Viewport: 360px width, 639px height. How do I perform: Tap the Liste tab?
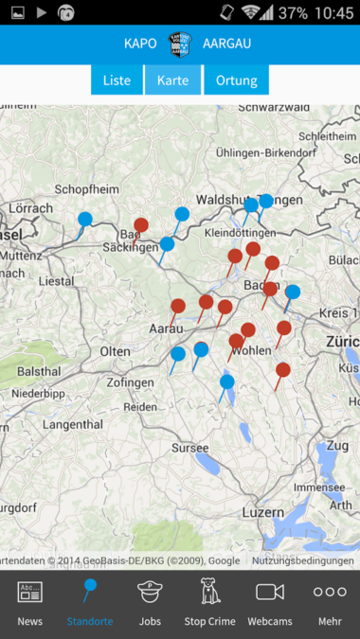click(x=117, y=80)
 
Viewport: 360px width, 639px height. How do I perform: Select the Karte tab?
click(x=172, y=80)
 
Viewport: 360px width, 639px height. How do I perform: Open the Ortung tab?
click(x=236, y=80)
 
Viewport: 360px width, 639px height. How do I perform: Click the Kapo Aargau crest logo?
click(x=179, y=44)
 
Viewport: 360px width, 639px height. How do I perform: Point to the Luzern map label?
click(x=262, y=511)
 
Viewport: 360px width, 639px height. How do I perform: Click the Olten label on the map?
click(x=117, y=351)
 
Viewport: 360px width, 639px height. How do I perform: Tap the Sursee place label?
click(x=189, y=447)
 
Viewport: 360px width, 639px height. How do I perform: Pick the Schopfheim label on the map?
click(x=83, y=189)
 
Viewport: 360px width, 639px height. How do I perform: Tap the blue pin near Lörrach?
click(x=85, y=220)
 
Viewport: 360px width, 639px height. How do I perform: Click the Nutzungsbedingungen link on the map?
click(x=302, y=560)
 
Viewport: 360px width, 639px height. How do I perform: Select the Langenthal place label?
click(x=73, y=424)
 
